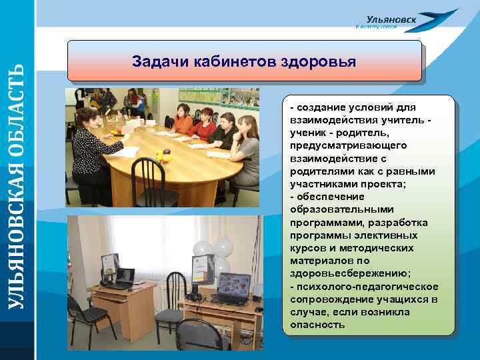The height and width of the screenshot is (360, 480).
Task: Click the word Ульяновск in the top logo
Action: tap(391, 19)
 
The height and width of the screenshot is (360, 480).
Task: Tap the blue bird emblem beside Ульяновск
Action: tap(439, 19)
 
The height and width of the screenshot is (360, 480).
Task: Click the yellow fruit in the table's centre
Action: tap(162, 157)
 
